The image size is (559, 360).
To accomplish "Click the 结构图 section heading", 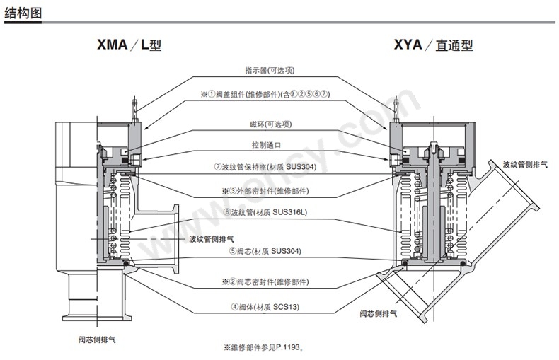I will (x=23, y=13).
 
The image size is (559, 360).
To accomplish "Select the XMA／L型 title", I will (x=129, y=45).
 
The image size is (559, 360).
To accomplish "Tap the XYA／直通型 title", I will (x=433, y=45).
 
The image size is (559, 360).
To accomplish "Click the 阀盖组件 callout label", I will (x=265, y=94).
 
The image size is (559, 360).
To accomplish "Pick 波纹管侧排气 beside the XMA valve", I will (x=211, y=239).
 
